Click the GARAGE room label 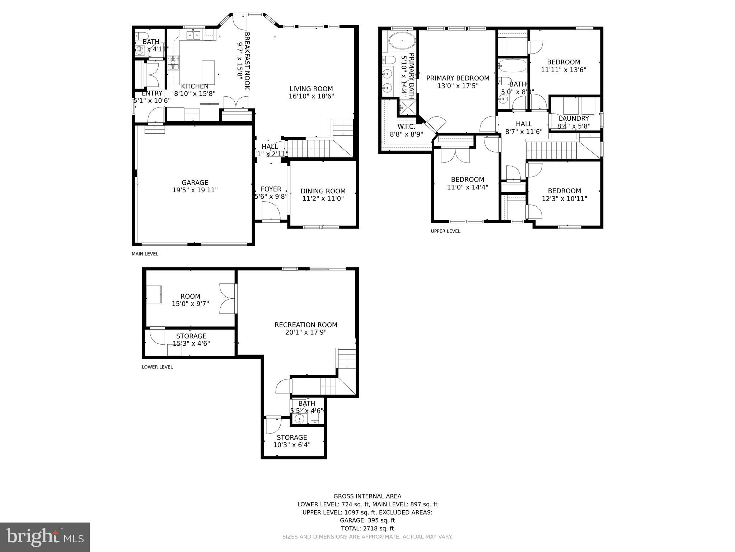[195, 183]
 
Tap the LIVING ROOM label [311, 89]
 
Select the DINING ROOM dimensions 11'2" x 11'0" [323, 198]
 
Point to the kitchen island [208, 73]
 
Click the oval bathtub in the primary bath [402, 42]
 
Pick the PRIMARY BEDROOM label [458, 78]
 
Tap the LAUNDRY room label [574, 119]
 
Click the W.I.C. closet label [406, 127]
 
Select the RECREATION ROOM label [306, 325]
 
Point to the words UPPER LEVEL [445, 231]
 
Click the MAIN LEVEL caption [145, 254]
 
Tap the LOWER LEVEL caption [157, 367]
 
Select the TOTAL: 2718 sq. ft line [367, 528]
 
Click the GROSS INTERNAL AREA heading [367, 496]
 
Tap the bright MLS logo [45, 537]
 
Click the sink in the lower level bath [299, 419]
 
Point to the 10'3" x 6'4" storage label [291, 445]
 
